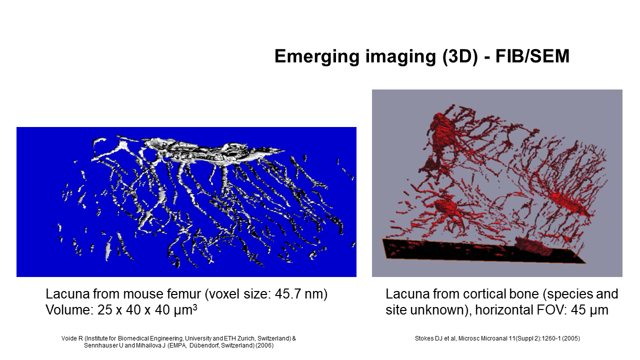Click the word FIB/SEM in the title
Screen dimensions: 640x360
(x=532, y=56)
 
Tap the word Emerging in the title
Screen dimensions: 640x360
(x=317, y=57)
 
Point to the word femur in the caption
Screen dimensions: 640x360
(x=183, y=294)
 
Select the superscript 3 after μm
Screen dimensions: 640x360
(x=195, y=307)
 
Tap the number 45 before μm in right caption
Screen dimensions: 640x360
(x=578, y=310)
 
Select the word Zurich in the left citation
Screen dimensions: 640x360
(x=246, y=338)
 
